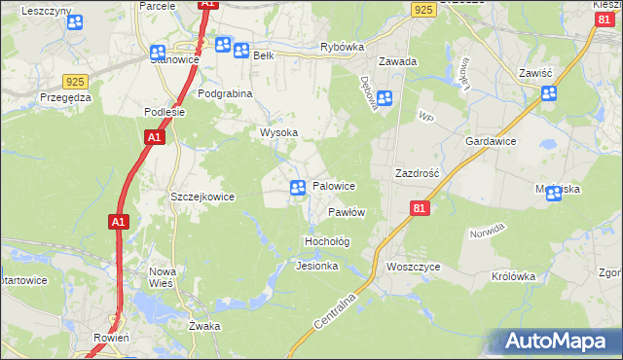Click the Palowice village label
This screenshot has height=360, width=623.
[333, 186]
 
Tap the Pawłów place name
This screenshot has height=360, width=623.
[346, 212]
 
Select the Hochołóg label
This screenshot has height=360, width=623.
[327, 240]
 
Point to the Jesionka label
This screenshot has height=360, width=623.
[316, 266]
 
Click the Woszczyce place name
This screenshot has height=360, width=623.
[413, 267]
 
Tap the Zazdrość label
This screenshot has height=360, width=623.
[418, 172]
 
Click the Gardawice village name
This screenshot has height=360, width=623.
[490, 141]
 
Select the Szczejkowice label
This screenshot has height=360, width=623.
[202, 197]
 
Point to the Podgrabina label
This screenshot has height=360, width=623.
[225, 93]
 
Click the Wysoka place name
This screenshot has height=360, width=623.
[277, 132]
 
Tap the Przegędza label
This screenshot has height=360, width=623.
[65, 97]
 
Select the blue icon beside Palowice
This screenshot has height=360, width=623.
[299, 187]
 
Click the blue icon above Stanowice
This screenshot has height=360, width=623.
[159, 52]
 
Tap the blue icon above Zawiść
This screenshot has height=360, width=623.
[549, 93]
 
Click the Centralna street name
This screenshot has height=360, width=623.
[340, 306]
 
